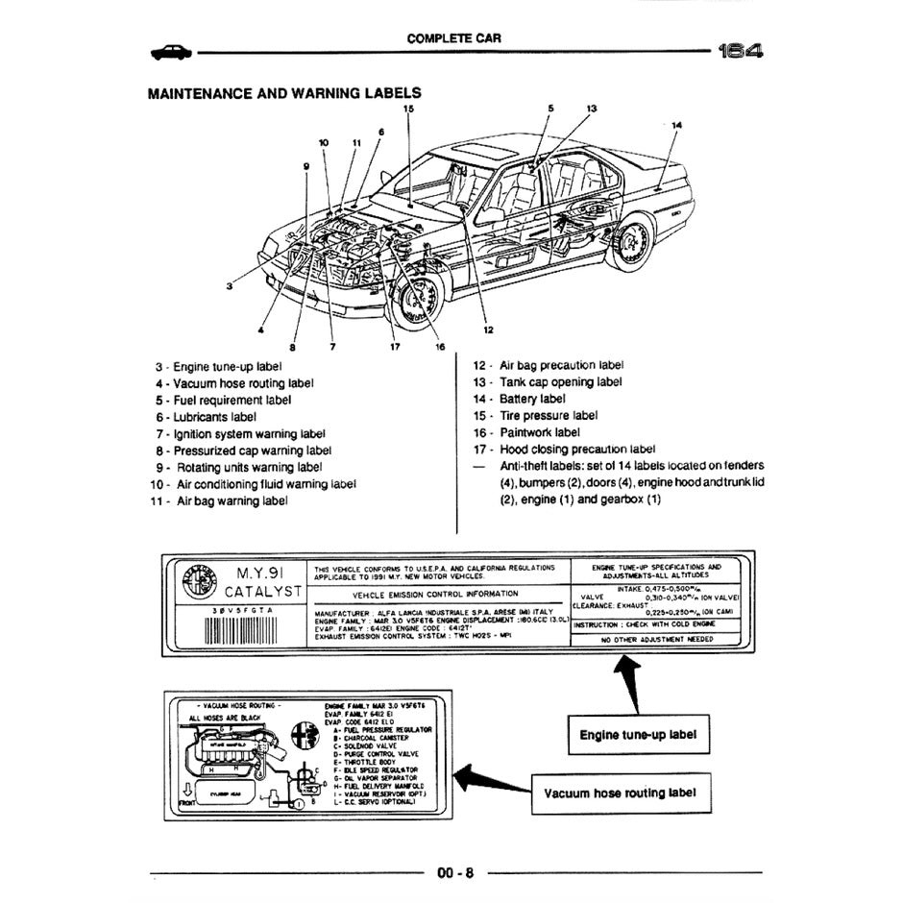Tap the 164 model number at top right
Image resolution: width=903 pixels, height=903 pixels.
click(741, 52)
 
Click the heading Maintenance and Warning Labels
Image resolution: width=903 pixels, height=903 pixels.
click(283, 93)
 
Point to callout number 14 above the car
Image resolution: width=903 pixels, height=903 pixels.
click(676, 125)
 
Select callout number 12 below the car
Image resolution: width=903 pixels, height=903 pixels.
click(488, 330)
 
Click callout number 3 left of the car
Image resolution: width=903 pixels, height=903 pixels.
click(230, 285)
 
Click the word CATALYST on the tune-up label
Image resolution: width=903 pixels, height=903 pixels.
click(261, 592)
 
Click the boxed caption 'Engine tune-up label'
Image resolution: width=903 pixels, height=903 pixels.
click(638, 737)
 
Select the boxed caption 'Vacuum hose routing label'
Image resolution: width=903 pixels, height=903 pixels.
click(619, 793)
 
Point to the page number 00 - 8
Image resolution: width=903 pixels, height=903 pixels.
click(455, 872)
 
